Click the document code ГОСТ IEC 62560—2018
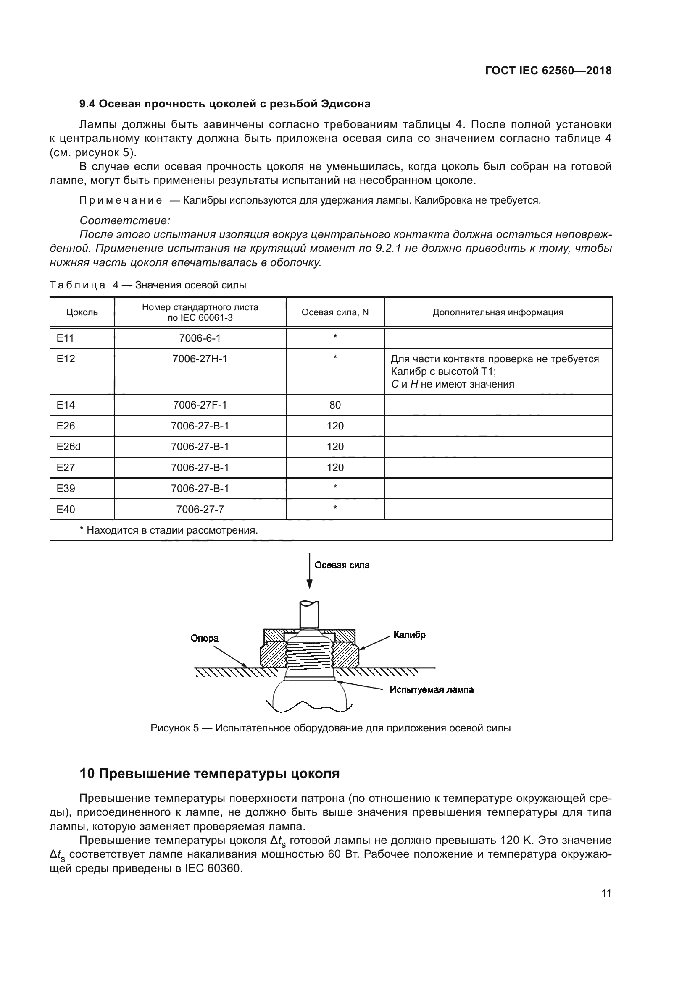pyautogui.click(x=548, y=71)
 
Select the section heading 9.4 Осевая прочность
pyautogui.click(x=225, y=104)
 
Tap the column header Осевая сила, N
pyautogui.click(x=334, y=312)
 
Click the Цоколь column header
pyautogui.click(x=82, y=312)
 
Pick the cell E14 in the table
pyautogui.click(x=66, y=405)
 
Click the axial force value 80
pyautogui.click(x=334, y=405)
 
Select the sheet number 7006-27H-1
pyautogui.click(x=200, y=359)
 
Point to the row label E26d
pyautogui.click(x=68, y=447)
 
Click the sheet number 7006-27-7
pyautogui.click(x=200, y=509)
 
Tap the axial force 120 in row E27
pyautogui.click(x=334, y=467)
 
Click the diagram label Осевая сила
pyautogui.click(x=342, y=566)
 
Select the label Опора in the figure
pyautogui.click(x=205, y=638)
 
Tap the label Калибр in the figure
pyautogui.click(x=409, y=635)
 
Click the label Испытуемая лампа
pyautogui.click(x=432, y=689)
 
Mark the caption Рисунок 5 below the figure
pyautogui.click(x=330, y=728)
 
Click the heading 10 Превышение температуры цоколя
pyautogui.click(x=209, y=773)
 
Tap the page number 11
pyautogui.click(x=606, y=893)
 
